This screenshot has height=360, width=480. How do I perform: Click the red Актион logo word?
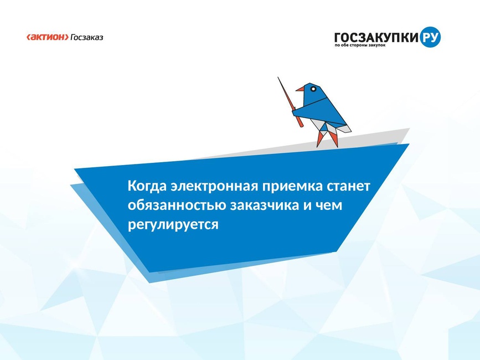[48, 37]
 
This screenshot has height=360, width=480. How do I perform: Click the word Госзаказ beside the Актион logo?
[87, 37]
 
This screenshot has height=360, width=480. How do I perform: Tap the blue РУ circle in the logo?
[430, 37]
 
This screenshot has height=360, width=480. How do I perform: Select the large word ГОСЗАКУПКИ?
[376, 37]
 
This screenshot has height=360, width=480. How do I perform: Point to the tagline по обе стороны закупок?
[360, 45]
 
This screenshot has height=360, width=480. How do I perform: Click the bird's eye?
[313, 89]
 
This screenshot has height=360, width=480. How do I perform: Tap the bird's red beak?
[300, 89]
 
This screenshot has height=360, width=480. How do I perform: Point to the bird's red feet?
[328, 138]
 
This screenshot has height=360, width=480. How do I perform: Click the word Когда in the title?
[147, 186]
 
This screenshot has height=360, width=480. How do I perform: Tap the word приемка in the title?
[292, 187]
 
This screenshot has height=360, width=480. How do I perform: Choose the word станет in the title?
[348, 186]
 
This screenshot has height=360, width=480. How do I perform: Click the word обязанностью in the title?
[177, 205]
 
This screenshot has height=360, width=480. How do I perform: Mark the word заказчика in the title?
[264, 205]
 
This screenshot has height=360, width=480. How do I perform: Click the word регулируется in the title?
[173, 225]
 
